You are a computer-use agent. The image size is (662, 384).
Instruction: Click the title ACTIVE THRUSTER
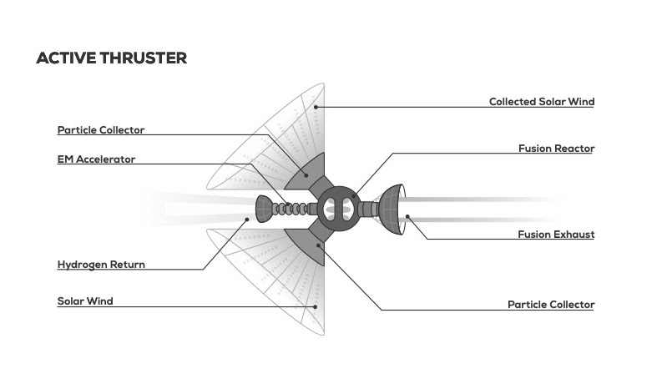[x=111, y=58]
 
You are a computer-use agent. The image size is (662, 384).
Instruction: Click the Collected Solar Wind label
[x=541, y=102]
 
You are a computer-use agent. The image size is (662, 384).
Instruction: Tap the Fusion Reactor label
[x=556, y=149]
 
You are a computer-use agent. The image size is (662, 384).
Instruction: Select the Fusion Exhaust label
[x=556, y=235]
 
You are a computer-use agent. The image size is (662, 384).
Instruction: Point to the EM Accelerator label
[x=96, y=159]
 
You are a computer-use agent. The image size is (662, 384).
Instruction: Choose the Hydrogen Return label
[x=101, y=265]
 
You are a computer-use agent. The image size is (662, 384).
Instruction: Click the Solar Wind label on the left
[x=85, y=301]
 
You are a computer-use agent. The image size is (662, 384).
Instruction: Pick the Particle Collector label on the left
[x=101, y=130]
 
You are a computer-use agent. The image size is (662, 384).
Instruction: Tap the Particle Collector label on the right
[x=551, y=305]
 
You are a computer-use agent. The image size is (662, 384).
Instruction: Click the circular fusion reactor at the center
[x=338, y=206]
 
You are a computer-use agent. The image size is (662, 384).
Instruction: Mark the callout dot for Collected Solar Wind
[x=316, y=106]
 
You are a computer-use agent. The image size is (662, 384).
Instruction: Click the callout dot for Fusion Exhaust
[x=407, y=217]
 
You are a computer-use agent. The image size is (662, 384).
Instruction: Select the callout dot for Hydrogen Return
[x=248, y=220]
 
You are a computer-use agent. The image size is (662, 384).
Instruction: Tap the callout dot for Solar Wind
[x=316, y=306]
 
